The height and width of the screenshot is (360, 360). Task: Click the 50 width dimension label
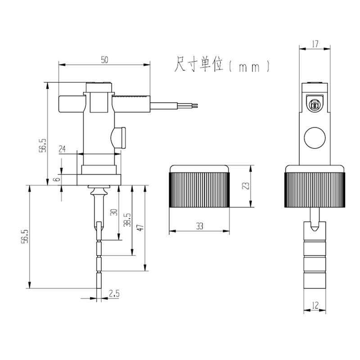pyautogui.click(x=104, y=59)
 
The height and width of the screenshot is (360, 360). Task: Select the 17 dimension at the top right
pyautogui.click(x=315, y=44)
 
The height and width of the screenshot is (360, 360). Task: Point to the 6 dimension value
pyautogui.click(x=56, y=179)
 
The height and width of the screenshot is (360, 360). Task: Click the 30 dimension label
pyautogui.click(x=113, y=212)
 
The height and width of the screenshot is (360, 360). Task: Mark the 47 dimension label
pyautogui.click(x=140, y=227)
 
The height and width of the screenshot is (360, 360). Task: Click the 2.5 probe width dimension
pyautogui.click(x=114, y=294)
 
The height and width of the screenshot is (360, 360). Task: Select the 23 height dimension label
pyautogui.click(x=243, y=186)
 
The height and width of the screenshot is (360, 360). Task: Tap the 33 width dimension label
pyautogui.click(x=199, y=227)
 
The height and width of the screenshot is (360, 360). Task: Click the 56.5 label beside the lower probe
pyautogui.click(x=25, y=236)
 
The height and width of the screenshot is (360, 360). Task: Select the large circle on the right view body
pyautogui.click(x=315, y=138)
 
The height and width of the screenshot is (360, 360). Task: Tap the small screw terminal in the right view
pyautogui.click(x=315, y=105)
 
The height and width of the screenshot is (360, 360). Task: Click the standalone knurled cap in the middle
pyautogui.click(x=199, y=186)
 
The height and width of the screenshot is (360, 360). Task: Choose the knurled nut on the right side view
pyautogui.click(x=315, y=189)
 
